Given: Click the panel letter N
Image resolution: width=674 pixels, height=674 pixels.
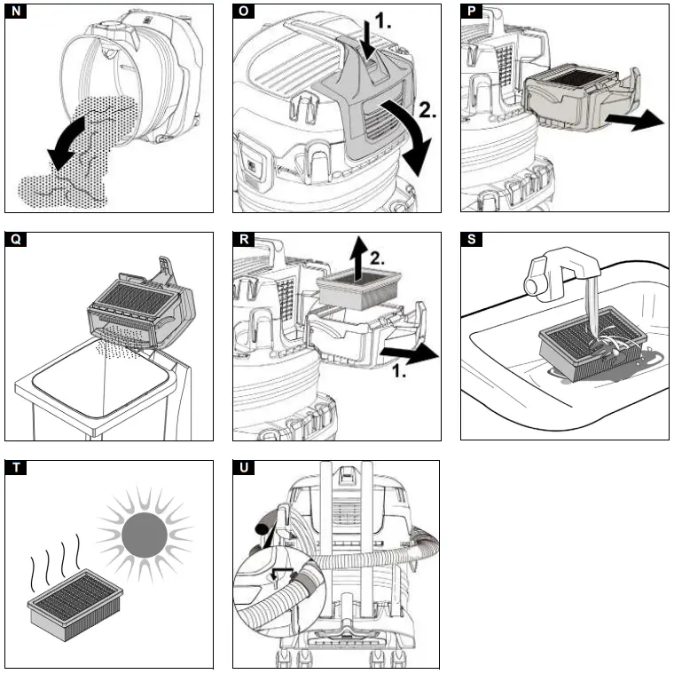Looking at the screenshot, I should [15, 13].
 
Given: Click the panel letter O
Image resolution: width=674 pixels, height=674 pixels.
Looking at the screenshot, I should [243, 13].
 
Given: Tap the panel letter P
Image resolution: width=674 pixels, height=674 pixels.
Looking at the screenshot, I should [471, 13].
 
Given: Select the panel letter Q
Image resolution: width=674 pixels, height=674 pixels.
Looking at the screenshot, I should [15, 242].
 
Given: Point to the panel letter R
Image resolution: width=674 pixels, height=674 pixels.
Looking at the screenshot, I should [243, 242].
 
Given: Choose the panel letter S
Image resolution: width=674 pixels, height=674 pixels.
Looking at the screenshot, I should [471, 242].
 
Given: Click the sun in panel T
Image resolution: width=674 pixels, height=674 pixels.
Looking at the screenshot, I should [144, 535].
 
